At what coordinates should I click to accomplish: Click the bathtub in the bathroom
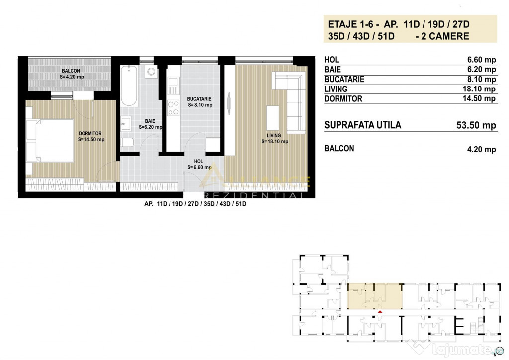point(129,86)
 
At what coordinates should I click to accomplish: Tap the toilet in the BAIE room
point(127,142)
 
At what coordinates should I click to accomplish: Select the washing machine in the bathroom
point(151,72)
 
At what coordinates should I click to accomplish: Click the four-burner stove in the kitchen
point(173,108)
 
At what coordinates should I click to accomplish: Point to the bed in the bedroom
point(50,141)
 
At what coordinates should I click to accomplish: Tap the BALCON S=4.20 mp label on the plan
point(72,74)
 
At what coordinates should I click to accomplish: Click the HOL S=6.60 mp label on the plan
point(199,164)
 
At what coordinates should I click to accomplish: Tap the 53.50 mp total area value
point(476,125)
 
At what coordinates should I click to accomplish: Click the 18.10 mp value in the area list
point(479,89)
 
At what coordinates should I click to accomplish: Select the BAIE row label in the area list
point(333,70)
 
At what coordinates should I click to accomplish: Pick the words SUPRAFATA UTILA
point(362,125)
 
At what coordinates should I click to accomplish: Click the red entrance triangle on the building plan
point(380,312)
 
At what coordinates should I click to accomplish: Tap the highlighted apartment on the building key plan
point(375,296)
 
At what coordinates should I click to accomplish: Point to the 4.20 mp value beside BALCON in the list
point(481,149)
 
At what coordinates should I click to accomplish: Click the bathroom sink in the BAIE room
point(126,124)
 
